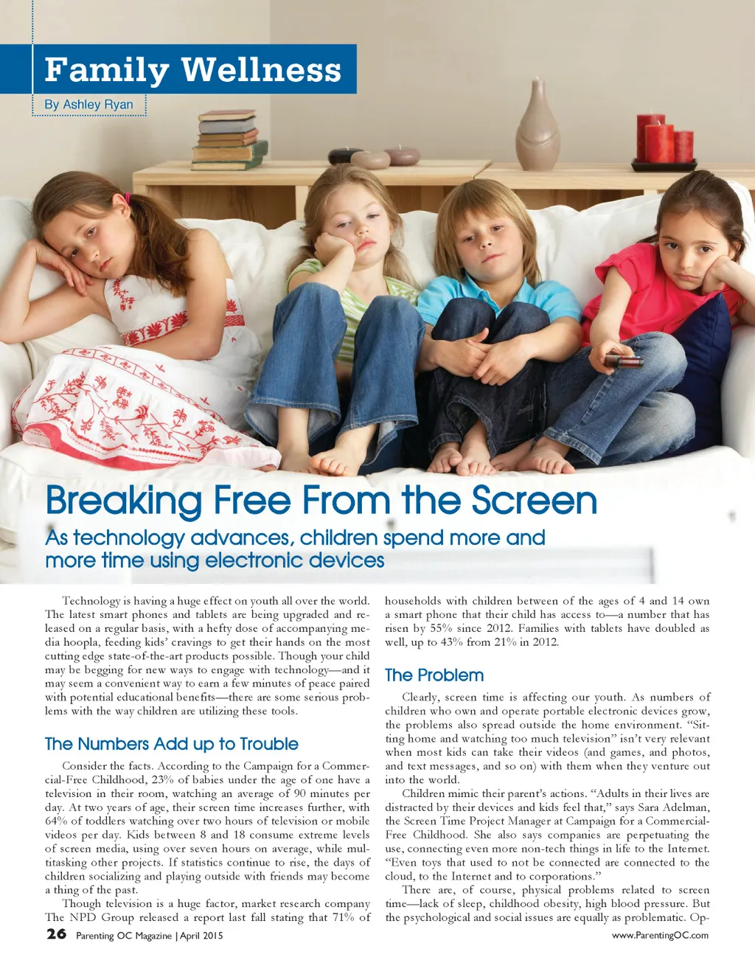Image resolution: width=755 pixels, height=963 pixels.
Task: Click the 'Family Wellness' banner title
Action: (x=192, y=70)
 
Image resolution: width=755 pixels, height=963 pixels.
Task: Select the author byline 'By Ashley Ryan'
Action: (x=88, y=105)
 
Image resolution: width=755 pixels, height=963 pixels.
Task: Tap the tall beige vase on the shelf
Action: (x=537, y=127)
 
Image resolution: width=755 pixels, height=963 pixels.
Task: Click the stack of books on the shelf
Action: (x=228, y=140)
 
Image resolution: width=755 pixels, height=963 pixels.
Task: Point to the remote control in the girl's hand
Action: (x=623, y=361)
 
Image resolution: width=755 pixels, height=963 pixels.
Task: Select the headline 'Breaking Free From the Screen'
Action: (x=321, y=501)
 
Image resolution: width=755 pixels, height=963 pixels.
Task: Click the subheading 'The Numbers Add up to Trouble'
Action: (x=171, y=743)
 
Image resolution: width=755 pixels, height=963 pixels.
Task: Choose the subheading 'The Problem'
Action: (x=434, y=675)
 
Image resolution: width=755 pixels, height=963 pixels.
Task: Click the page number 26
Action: (x=56, y=934)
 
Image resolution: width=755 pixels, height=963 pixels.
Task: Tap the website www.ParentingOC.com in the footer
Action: (x=660, y=935)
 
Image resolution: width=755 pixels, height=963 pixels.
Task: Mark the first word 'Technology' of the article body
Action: (x=91, y=601)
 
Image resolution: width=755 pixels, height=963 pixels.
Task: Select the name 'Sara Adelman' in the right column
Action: (x=672, y=807)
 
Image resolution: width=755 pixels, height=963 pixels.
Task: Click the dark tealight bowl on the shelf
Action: (x=344, y=156)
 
